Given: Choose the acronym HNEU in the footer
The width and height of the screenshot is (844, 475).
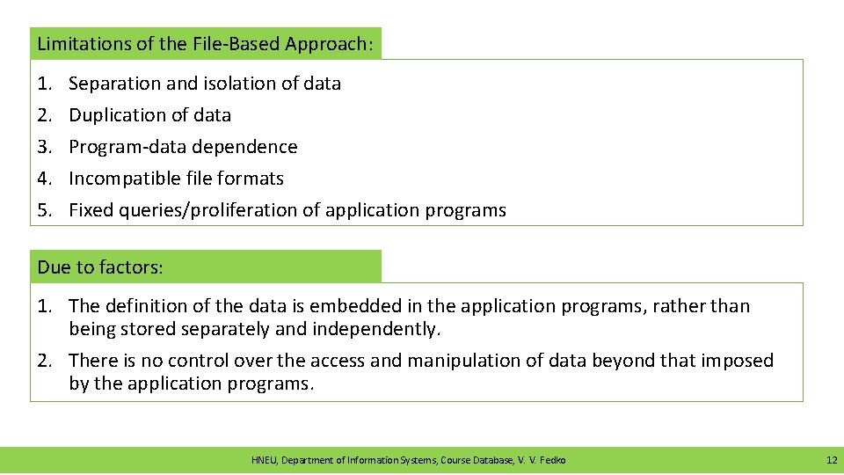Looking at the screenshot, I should point(264,460).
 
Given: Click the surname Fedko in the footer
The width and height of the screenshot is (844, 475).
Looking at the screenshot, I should point(553,460).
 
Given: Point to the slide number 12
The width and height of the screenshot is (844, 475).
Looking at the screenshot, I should point(831,460).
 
